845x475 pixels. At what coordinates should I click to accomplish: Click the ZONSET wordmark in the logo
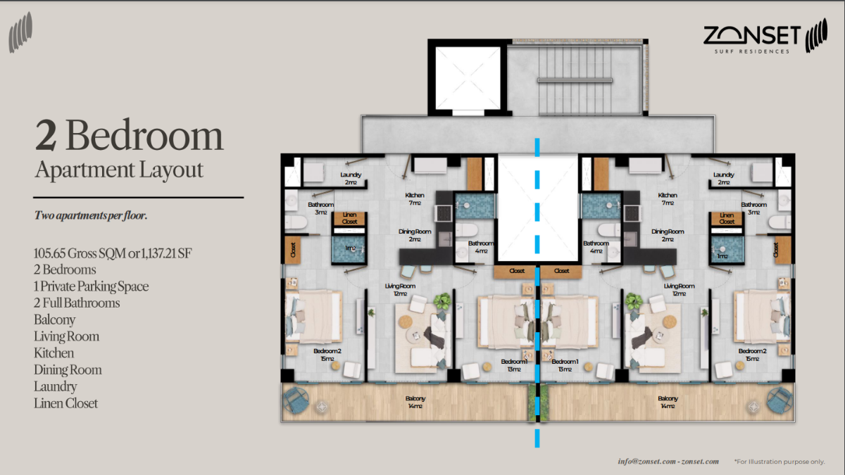coord(751,34)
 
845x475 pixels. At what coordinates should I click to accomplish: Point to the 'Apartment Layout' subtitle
coord(119,170)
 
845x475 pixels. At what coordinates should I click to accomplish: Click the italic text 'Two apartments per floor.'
coord(91,216)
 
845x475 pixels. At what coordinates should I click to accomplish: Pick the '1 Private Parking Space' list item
coord(91,286)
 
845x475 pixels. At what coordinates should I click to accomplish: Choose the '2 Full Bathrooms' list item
coord(77,303)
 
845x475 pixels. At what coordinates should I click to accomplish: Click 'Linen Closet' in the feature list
coord(65,404)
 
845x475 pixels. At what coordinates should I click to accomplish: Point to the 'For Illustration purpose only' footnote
coord(779,462)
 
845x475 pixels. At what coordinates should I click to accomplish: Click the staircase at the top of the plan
coord(575,80)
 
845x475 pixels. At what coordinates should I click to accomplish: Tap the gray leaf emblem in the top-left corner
coord(22,35)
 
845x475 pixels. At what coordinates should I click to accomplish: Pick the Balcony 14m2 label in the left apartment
coord(415,402)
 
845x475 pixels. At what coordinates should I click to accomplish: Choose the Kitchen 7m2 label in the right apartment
coord(668,198)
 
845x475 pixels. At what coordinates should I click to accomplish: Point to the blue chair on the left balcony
coord(296,401)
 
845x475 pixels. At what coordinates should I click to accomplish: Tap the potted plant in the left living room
coord(442,302)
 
